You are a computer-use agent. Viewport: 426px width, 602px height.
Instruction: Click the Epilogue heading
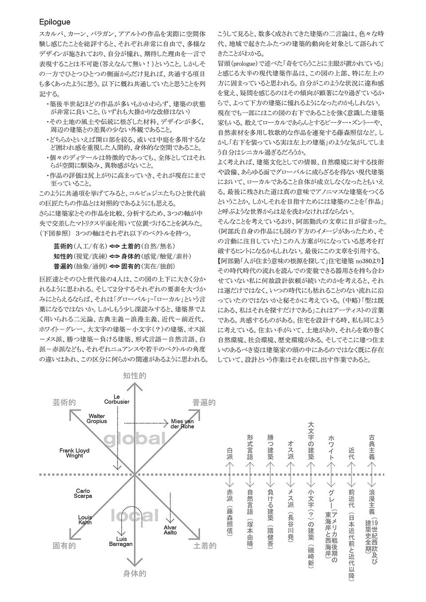[54, 22]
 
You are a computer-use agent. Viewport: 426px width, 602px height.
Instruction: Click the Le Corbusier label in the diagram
[117, 399]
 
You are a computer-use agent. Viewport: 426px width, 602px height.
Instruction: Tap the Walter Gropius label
[97, 418]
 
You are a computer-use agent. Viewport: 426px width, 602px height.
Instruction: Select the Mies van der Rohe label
[182, 423]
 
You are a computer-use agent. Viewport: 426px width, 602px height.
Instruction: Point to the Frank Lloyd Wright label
[75, 453]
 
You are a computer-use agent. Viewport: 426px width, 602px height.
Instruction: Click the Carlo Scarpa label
[83, 493]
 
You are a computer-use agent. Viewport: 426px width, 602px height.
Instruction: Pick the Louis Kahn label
[85, 520]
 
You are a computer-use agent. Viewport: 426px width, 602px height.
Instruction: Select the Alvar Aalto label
[170, 529]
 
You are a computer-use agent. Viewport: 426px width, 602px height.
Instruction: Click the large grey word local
[134, 515]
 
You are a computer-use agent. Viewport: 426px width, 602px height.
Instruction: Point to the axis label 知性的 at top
[134, 375]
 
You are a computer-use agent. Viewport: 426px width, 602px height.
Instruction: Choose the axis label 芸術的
[64, 402]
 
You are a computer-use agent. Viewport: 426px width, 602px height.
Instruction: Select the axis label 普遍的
[204, 402]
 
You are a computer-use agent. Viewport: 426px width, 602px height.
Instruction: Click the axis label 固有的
[64, 545]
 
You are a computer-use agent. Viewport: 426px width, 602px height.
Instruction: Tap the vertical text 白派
[229, 455]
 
